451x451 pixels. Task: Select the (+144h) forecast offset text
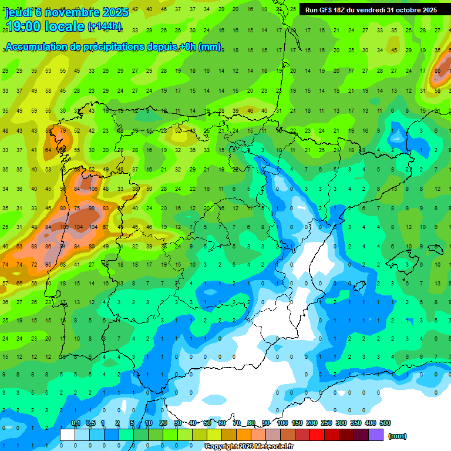tap(105, 26)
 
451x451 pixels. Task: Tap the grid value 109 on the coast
tap(63, 227)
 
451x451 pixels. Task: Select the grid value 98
tap(91, 208)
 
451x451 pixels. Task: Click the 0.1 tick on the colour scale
tap(76, 423)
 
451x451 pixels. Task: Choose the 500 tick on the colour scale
tap(385, 423)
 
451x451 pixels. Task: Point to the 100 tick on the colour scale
tap(282, 423)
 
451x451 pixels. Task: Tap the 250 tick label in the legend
tap(327, 423)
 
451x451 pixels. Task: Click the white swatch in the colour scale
tap(68, 435)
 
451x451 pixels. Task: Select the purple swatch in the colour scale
tap(376, 435)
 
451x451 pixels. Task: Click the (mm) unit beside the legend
tap(398, 436)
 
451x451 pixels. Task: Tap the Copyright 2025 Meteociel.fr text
tap(249, 447)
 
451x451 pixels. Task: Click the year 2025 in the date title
tap(115, 12)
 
